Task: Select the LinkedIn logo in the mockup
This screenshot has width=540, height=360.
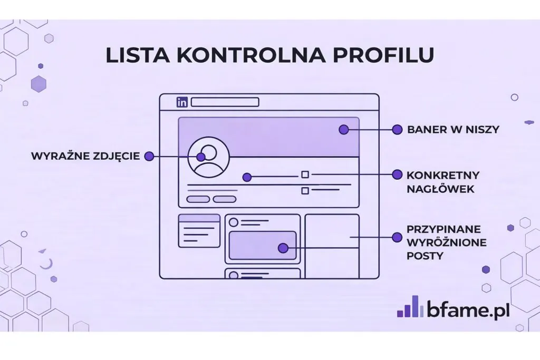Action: [182, 102]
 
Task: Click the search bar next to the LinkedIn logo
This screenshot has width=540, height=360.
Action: [225, 102]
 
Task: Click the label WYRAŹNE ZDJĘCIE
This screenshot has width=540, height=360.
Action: [85, 157]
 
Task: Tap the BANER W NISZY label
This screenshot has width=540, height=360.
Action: [453, 129]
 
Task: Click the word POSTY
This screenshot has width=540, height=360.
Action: [425, 256]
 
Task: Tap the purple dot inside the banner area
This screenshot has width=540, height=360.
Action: [344, 129]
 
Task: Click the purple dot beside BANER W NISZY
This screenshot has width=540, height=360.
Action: [396, 129]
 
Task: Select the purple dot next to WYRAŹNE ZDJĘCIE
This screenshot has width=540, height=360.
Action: [149, 157]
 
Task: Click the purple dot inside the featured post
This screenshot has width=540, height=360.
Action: [283, 248]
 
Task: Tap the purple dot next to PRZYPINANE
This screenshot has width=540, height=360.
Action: [396, 238]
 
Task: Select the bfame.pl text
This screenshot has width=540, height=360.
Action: [468, 309]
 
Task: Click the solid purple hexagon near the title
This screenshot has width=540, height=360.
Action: [38, 83]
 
